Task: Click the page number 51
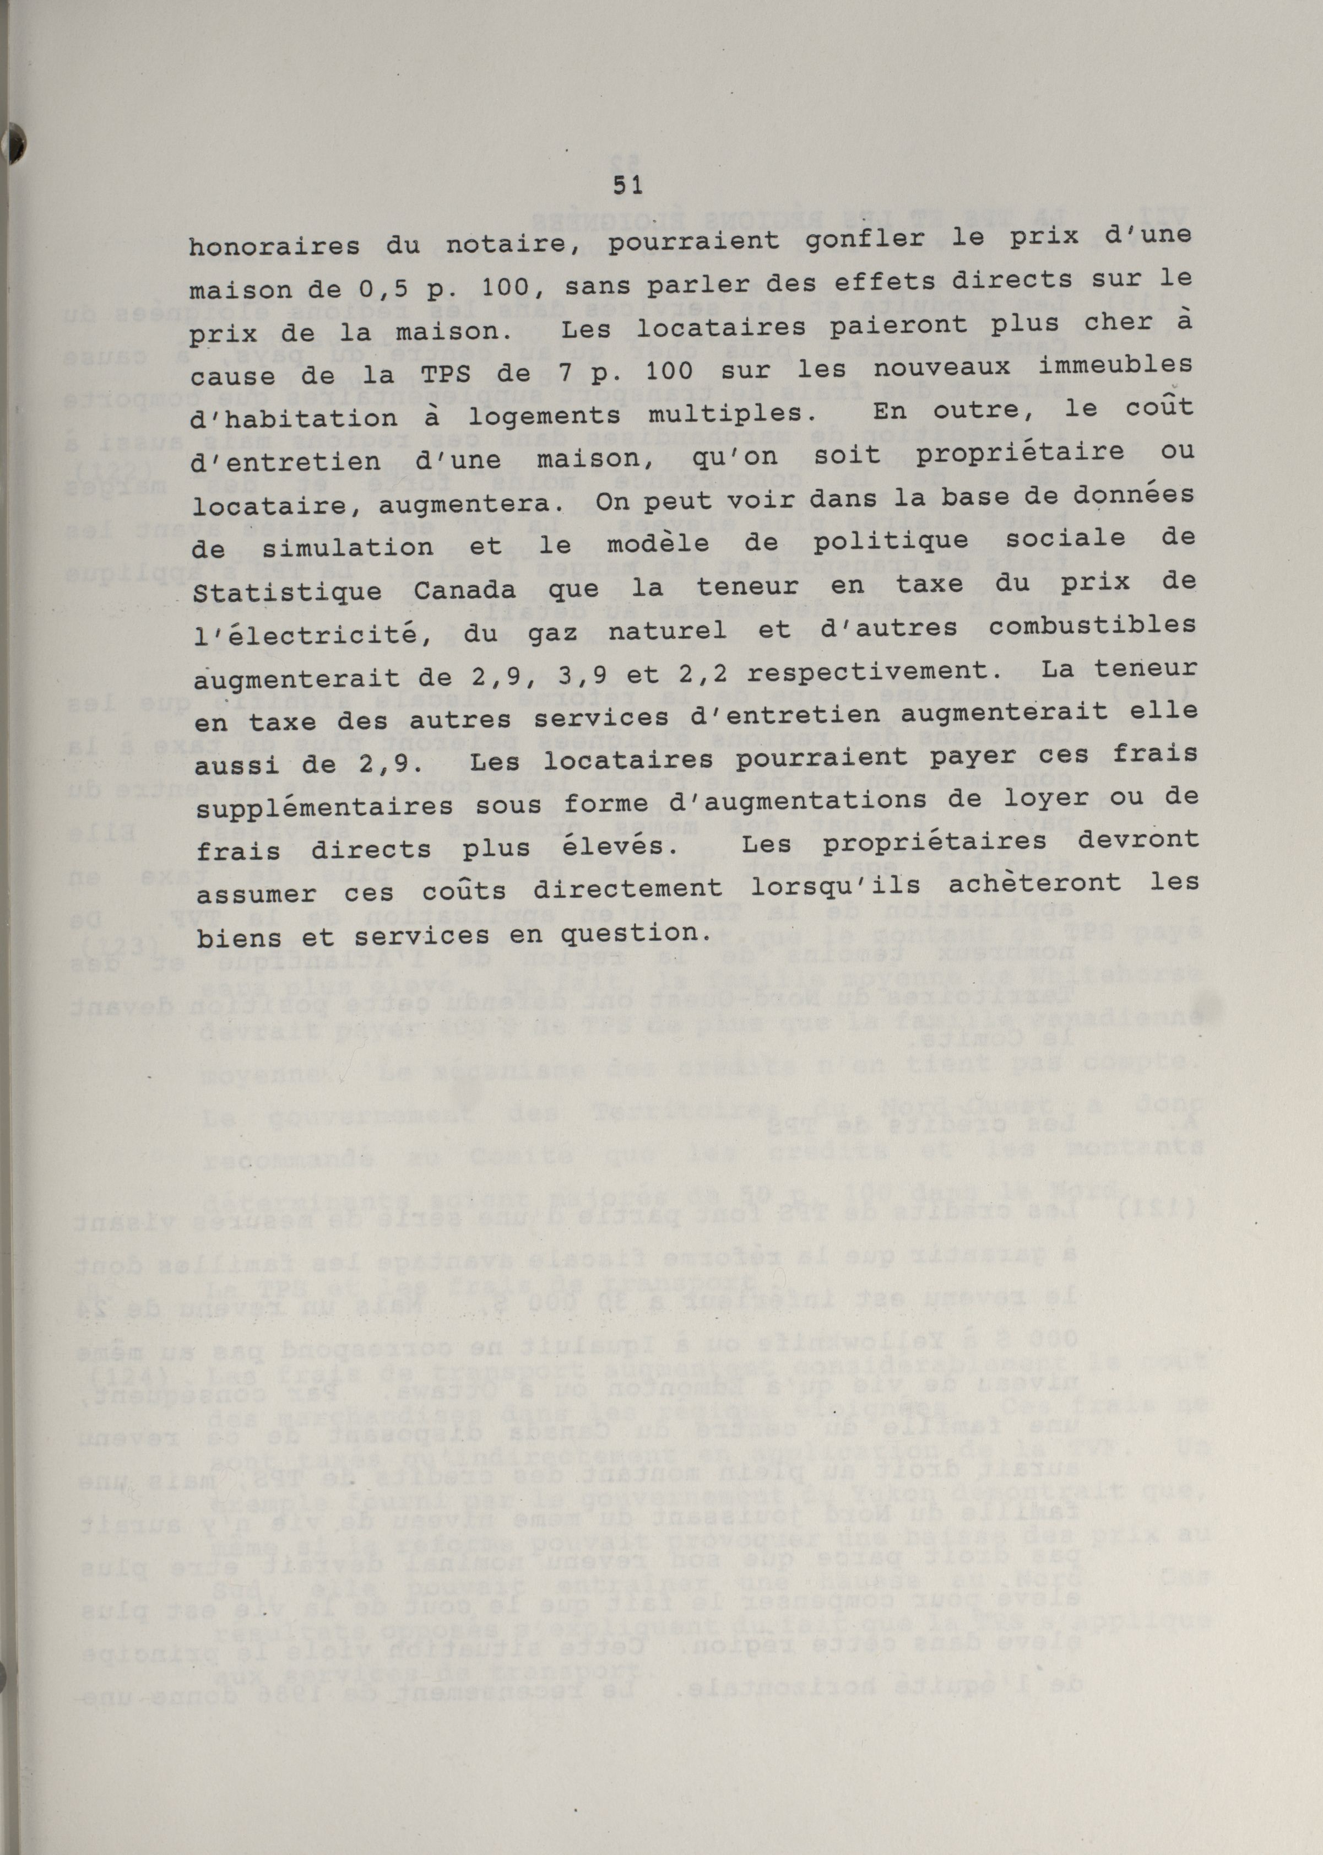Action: pos(627,186)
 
